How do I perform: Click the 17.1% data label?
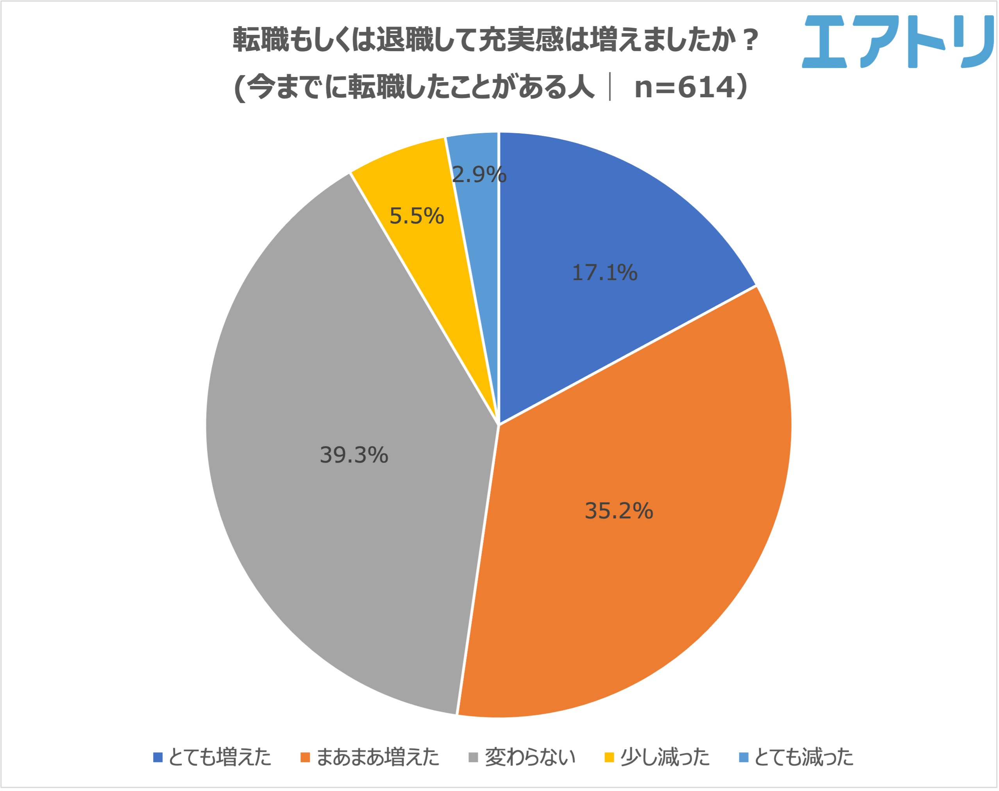point(604,272)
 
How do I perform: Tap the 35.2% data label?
point(619,511)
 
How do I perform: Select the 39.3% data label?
point(354,455)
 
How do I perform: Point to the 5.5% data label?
point(416,216)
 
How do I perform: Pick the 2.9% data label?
point(479,175)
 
